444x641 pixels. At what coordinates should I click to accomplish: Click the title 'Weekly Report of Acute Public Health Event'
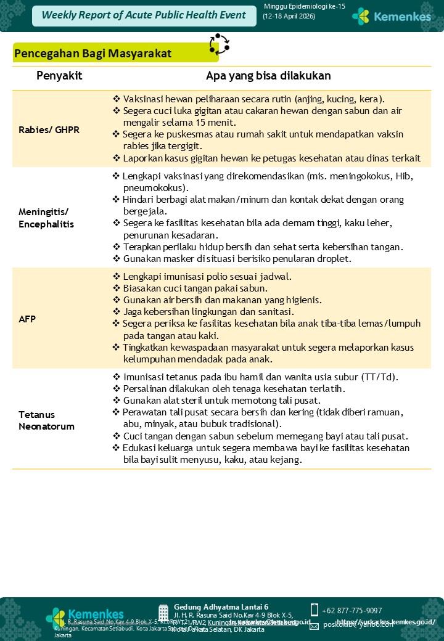pyautogui.click(x=144, y=15)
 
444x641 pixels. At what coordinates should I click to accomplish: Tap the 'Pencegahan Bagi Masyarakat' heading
pyautogui.click(x=92, y=54)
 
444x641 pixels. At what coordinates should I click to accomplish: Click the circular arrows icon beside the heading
pyautogui.click(x=219, y=44)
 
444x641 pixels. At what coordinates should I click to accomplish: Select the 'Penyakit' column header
pyautogui.click(x=59, y=76)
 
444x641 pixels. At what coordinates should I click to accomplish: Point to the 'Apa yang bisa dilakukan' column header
pyautogui.click(x=268, y=76)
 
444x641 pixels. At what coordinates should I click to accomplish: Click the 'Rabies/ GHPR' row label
pyautogui.click(x=49, y=129)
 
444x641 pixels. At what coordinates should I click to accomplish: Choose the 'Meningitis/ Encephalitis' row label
pyautogui.click(x=46, y=218)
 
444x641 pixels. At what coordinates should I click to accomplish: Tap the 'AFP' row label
pyautogui.click(x=27, y=319)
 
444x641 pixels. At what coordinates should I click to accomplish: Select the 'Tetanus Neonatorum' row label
pyautogui.click(x=46, y=420)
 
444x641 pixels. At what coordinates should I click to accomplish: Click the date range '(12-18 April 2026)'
pyautogui.click(x=289, y=16)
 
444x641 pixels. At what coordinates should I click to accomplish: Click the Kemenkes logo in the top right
pyautogui.click(x=392, y=17)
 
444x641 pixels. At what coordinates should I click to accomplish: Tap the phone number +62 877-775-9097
pyautogui.click(x=351, y=610)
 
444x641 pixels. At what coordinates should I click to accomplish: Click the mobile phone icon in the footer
pyautogui.click(x=314, y=610)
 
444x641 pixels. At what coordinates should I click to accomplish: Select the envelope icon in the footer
pyautogui.click(x=314, y=626)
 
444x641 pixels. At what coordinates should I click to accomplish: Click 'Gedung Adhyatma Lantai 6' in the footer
pyautogui.click(x=221, y=606)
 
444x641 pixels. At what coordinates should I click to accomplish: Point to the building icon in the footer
pyautogui.click(x=163, y=613)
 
